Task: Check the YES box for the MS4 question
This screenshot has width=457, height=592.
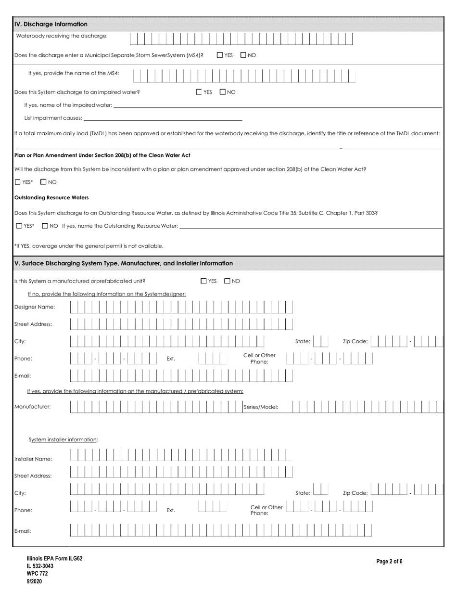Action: [x=220, y=55]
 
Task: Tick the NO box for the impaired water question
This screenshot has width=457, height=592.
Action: [x=223, y=92]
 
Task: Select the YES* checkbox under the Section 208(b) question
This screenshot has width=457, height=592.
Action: [x=18, y=182]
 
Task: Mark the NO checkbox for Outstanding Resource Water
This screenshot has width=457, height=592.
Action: [x=45, y=226]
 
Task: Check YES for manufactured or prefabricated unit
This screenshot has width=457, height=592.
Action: [x=203, y=281]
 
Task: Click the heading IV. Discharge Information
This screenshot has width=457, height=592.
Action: [x=51, y=24]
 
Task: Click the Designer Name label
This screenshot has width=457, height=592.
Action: [x=35, y=307]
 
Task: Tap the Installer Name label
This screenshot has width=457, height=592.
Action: [x=33, y=459]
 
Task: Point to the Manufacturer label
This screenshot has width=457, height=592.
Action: [x=32, y=407]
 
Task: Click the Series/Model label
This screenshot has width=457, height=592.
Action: [x=261, y=407]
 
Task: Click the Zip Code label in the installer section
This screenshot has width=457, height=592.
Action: [x=355, y=493]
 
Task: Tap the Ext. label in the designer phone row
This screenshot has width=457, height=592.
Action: [x=171, y=359]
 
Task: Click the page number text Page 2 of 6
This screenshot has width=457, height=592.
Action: [x=389, y=561]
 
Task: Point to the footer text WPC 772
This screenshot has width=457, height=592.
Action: [x=38, y=573]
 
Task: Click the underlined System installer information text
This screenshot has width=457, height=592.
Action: [x=63, y=439]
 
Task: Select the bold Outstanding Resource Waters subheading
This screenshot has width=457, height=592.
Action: [x=51, y=197]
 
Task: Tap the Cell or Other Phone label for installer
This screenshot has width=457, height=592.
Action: [x=267, y=510]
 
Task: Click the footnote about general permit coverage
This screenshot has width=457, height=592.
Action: [x=89, y=246]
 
